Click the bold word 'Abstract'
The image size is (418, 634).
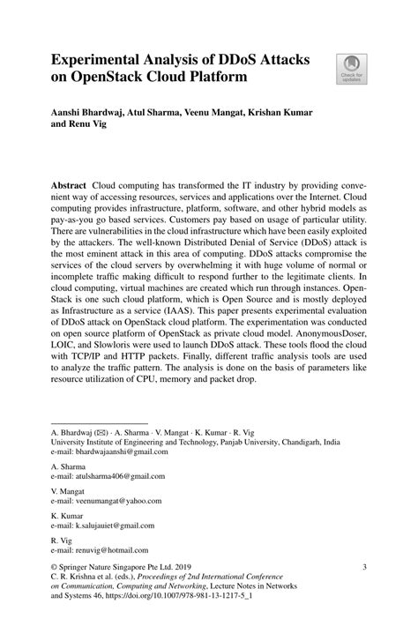pos(69,189)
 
